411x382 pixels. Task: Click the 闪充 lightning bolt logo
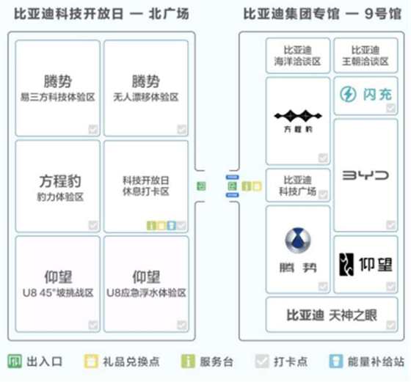point(348,95)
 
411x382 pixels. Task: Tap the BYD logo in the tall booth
point(365,175)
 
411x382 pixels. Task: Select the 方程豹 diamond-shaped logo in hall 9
point(298,116)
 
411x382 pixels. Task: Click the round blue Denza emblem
point(298,240)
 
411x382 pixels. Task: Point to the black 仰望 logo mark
point(346,265)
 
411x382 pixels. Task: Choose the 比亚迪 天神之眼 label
point(332,315)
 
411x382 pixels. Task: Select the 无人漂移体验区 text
point(146,98)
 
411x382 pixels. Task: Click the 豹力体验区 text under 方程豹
point(60,197)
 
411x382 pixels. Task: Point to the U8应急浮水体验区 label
point(146,293)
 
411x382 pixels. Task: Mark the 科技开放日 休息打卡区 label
point(146,186)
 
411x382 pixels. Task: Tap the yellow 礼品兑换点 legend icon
point(91,361)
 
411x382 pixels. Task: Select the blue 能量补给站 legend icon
point(336,361)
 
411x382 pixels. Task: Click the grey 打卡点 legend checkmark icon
point(262,361)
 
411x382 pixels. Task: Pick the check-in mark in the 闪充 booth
point(390,108)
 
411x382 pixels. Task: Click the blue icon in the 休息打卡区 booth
point(172,225)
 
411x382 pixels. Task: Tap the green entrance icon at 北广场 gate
point(201,186)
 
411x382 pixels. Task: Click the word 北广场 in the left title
point(169,14)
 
